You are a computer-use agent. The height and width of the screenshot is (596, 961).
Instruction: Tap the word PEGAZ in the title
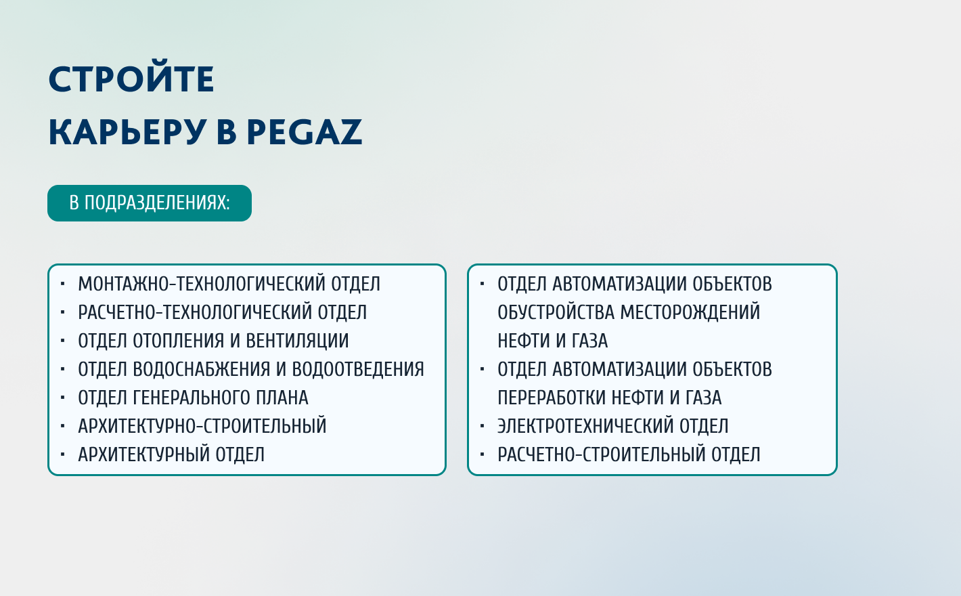coord(305,132)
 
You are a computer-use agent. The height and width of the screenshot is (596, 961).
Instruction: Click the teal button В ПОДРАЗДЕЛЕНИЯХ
coord(150,203)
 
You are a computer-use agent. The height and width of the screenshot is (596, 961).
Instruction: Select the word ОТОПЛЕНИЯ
coord(178,341)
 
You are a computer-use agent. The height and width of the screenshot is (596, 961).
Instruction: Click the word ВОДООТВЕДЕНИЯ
coord(358,369)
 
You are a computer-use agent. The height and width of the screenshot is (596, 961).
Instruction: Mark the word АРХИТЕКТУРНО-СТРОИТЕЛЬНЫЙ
coord(202,426)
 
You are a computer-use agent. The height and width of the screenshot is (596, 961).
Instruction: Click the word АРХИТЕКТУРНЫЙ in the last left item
coord(143,454)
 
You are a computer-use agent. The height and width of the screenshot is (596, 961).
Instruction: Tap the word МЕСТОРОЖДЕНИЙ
coord(690,312)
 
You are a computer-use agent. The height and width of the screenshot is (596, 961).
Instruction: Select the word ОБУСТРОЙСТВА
coord(556,312)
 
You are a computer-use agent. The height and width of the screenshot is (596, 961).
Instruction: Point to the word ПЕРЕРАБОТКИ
coord(552,398)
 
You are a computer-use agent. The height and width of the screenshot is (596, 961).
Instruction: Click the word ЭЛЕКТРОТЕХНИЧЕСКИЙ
coord(585,426)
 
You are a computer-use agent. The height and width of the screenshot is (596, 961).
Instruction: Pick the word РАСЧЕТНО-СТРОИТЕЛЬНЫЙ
coord(602,454)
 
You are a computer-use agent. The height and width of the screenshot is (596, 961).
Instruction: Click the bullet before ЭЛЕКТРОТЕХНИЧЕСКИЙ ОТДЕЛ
coord(483,426)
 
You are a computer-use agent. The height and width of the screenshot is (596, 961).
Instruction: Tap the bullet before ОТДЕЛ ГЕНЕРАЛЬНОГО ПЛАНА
coord(63,398)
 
